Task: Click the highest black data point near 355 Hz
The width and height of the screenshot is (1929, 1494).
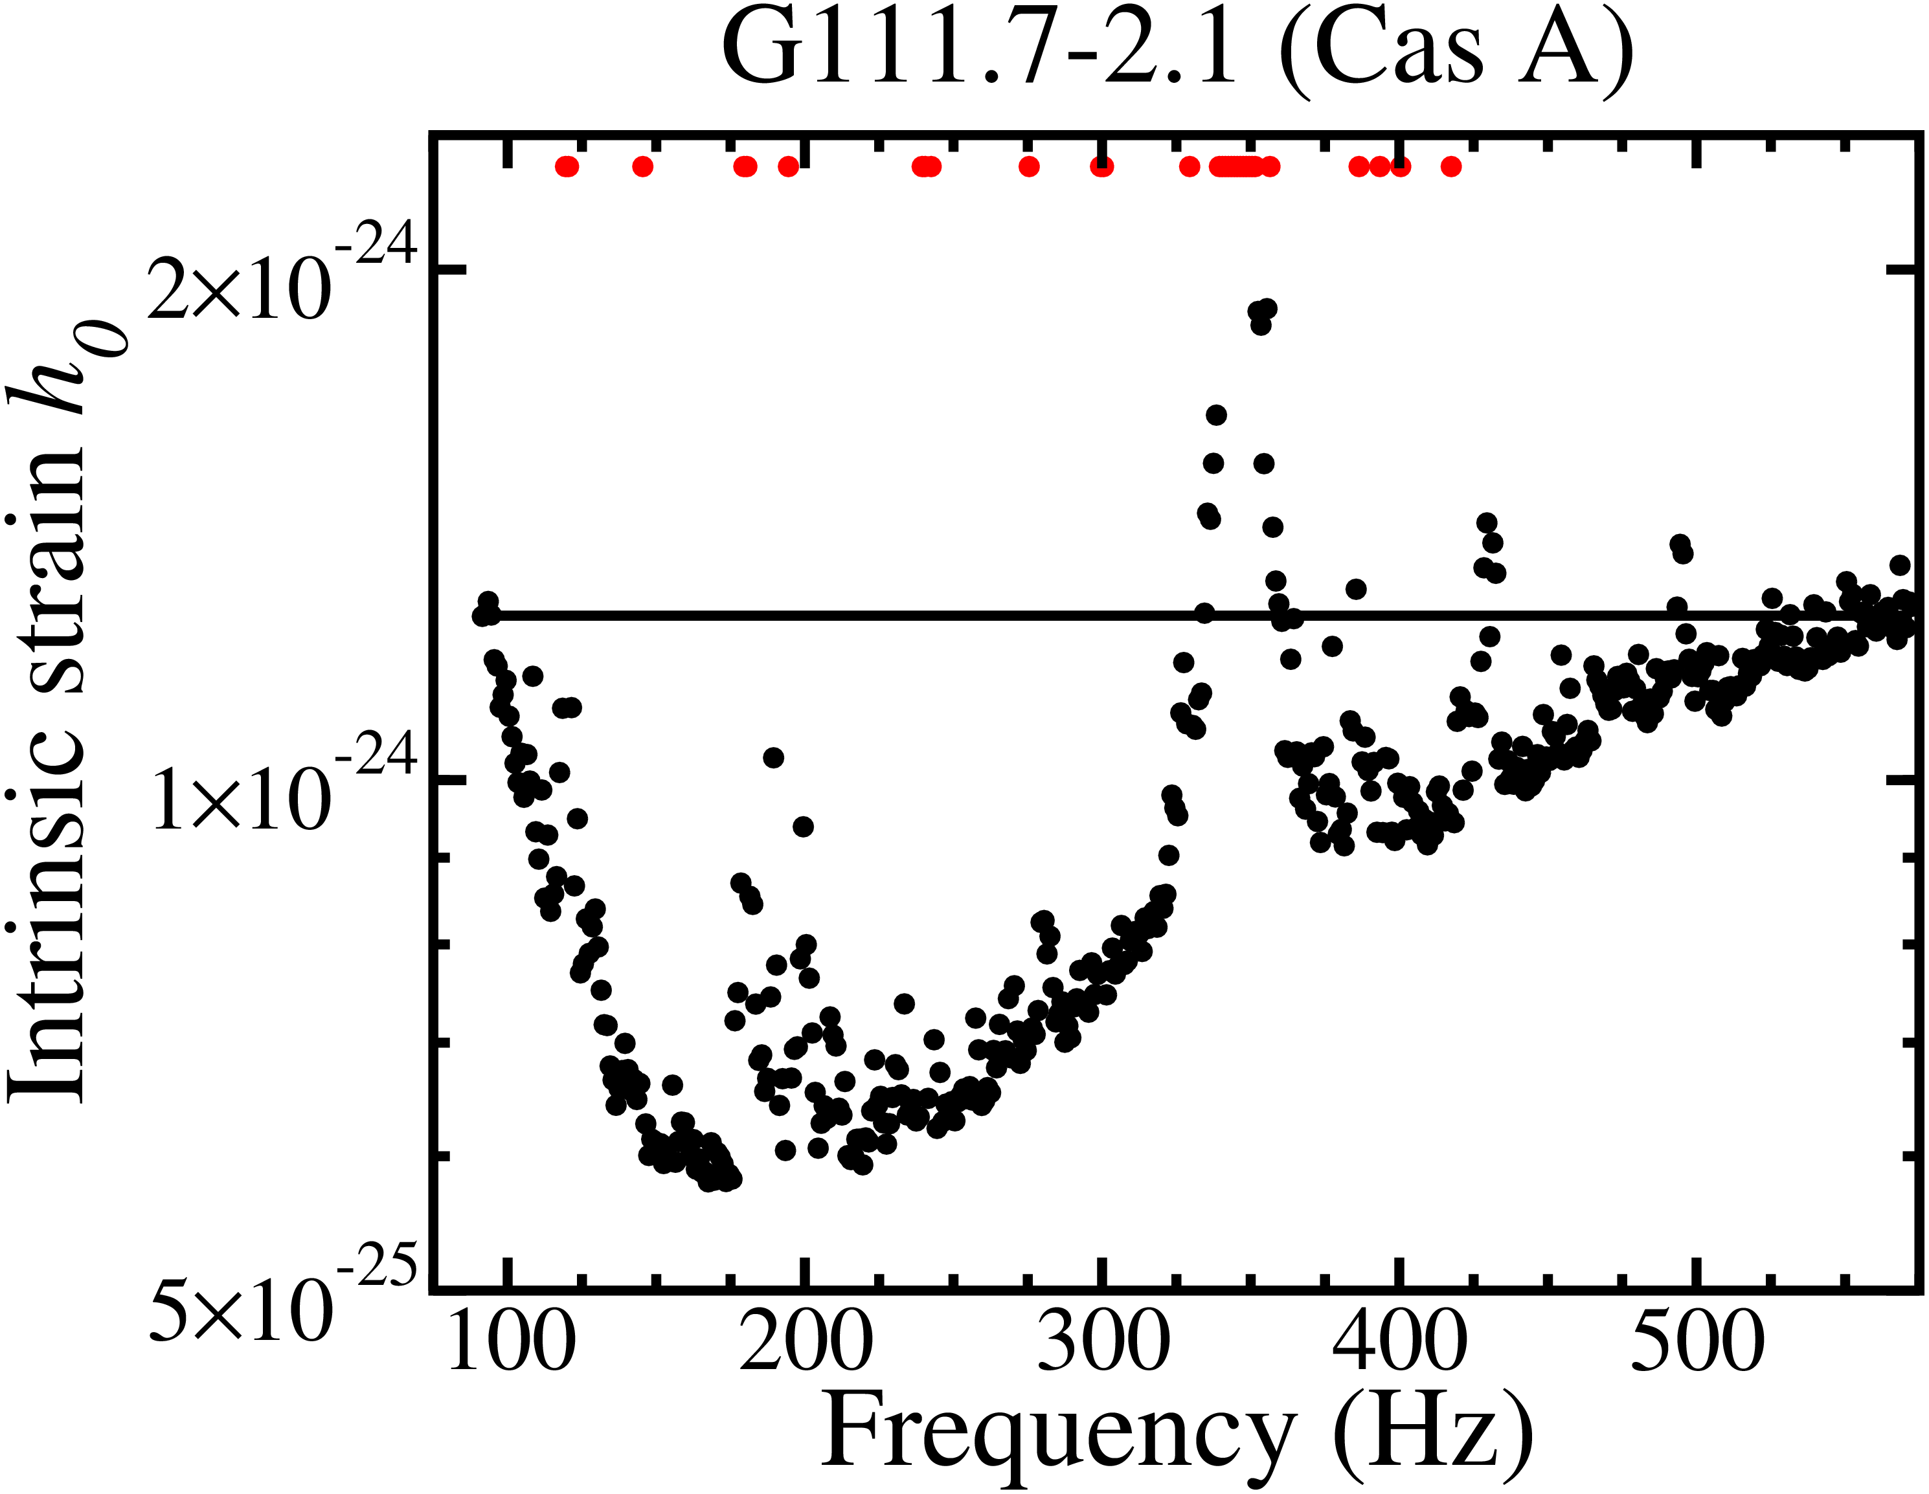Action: (x=1267, y=308)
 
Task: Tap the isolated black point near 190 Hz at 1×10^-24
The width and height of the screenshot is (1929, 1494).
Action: (x=774, y=757)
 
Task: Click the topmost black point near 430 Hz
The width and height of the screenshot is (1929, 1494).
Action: (x=1487, y=523)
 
